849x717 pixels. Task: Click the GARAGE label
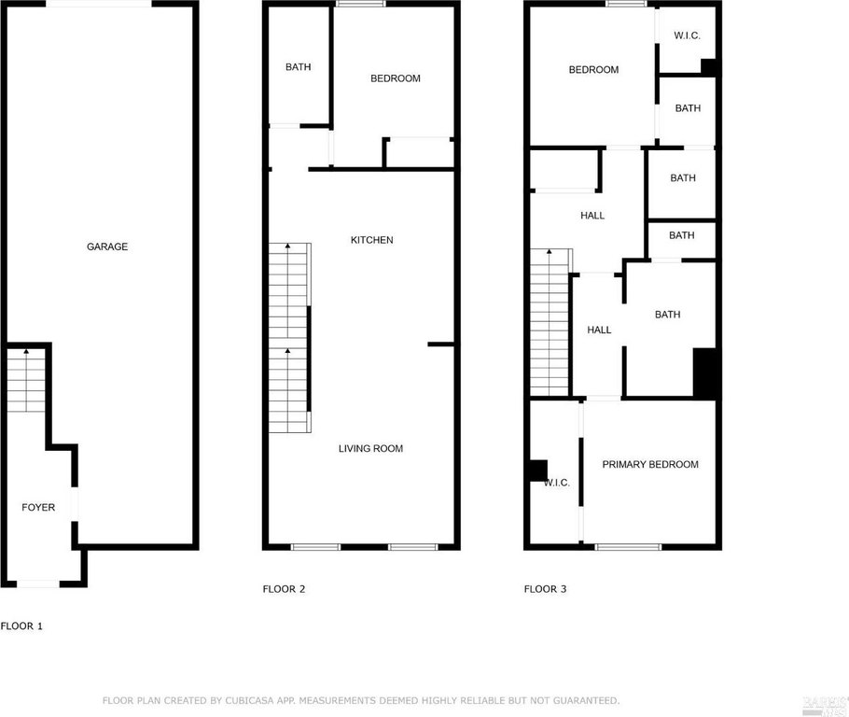point(107,246)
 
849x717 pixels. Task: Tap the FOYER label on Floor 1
point(38,508)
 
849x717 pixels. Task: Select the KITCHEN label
point(371,240)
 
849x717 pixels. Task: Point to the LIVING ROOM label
point(370,449)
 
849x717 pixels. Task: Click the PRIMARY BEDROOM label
point(649,465)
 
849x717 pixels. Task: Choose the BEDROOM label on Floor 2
point(395,78)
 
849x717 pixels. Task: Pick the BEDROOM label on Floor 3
point(593,70)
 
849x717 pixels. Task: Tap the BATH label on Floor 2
point(299,67)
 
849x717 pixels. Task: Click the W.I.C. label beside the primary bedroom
point(556,483)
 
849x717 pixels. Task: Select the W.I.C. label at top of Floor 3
point(687,36)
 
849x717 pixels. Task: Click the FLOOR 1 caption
point(21,626)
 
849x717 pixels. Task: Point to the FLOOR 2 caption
point(284,589)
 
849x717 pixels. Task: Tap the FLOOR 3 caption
point(545,589)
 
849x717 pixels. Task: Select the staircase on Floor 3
point(550,322)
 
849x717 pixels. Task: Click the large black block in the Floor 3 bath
point(704,372)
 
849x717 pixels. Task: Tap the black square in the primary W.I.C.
point(537,471)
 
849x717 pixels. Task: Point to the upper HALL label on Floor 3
point(592,216)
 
